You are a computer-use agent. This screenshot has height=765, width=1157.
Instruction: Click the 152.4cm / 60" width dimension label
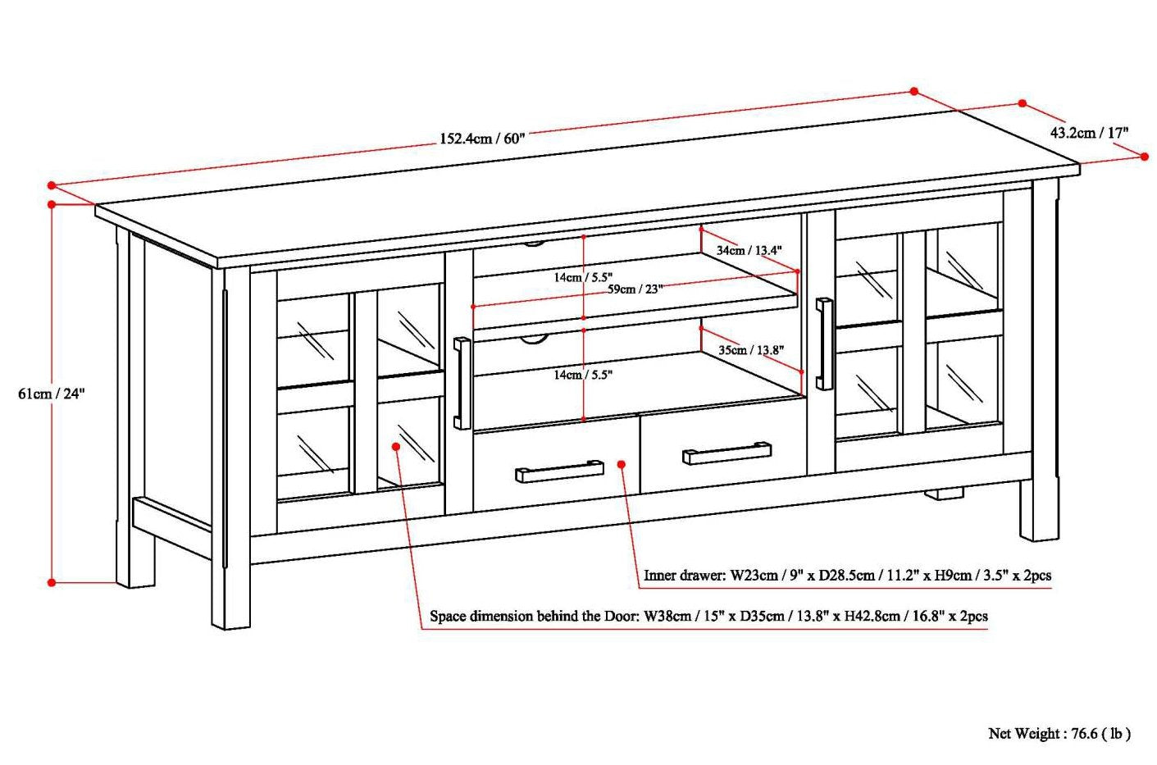pyautogui.click(x=481, y=138)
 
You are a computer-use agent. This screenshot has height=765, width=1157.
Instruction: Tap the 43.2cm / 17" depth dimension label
pyautogui.click(x=1090, y=132)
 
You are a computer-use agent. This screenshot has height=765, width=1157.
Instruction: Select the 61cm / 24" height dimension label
pyautogui.click(x=52, y=393)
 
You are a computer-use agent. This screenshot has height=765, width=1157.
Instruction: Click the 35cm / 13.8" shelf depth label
pyautogui.click(x=750, y=349)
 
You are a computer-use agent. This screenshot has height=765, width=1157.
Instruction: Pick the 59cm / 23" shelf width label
pyautogui.click(x=635, y=289)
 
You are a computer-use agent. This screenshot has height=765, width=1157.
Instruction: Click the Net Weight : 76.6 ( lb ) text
pyautogui.click(x=1059, y=733)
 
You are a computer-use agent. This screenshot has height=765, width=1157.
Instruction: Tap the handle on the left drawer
pyautogui.click(x=559, y=471)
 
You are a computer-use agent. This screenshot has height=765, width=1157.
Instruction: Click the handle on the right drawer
pyautogui.click(x=727, y=453)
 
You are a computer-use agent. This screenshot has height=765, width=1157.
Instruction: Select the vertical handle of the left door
pyautogui.click(x=462, y=383)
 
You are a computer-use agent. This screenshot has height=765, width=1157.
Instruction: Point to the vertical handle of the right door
pyautogui.click(x=823, y=344)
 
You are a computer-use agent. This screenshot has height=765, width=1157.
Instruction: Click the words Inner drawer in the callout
pyautogui.click(x=682, y=576)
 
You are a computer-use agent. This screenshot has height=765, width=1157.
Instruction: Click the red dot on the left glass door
pyautogui.click(x=395, y=446)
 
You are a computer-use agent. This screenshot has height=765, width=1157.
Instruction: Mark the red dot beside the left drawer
pyautogui.click(x=622, y=465)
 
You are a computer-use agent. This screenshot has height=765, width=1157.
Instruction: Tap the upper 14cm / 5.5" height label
pyautogui.click(x=583, y=277)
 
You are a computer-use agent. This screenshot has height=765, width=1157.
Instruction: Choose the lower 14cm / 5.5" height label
pyautogui.click(x=583, y=375)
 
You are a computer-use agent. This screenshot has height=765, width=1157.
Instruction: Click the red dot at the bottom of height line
pyautogui.click(x=52, y=582)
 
